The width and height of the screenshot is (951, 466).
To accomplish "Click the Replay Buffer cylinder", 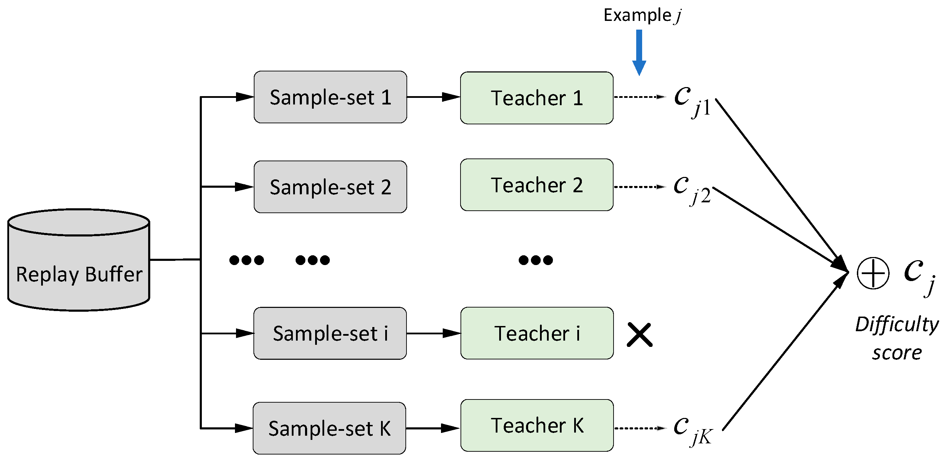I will tap(79, 261).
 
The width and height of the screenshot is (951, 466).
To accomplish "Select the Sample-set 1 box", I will tap(330, 97).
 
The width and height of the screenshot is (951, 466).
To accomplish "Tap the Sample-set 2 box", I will tap(330, 187).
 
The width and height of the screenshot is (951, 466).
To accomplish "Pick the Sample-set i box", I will tap(330, 333).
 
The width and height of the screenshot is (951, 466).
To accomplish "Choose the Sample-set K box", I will tap(329, 428).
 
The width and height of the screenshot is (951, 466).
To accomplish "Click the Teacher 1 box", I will tap(537, 98).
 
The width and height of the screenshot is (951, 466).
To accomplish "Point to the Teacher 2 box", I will tap(537, 185).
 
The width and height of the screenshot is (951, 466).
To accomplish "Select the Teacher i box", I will tap(537, 333).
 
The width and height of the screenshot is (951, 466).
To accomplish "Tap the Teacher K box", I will tap(537, 425).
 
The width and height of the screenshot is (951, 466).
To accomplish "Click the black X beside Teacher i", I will tap(639, 335).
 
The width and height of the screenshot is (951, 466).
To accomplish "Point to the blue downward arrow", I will tap(639, 52).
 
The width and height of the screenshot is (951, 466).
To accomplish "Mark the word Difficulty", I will tap(897, 325).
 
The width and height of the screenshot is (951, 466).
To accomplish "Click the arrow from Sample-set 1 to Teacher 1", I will tap(433, 97).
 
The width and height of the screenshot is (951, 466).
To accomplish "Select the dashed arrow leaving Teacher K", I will tap(640, 428).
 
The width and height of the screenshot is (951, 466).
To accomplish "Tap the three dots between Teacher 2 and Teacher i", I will tap(536, 260).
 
